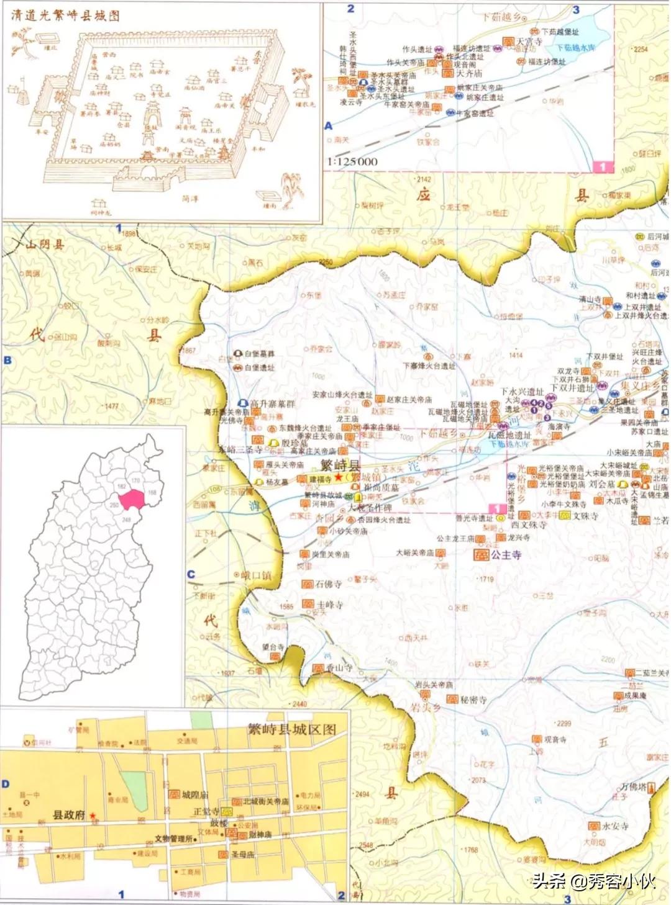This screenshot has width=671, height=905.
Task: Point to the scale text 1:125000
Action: [352, 161]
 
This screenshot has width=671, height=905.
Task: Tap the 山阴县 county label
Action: [45, 245]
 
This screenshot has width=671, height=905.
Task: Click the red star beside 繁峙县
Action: [338, 477]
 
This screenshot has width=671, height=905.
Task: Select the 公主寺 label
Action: [506, 554]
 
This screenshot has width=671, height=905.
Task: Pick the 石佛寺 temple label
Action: [328, 584]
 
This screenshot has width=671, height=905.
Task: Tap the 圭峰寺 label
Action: [329, 604]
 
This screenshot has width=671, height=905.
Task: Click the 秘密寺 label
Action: [473, 700]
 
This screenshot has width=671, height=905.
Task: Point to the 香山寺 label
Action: [339, 668]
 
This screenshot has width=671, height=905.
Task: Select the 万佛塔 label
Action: [633, 786]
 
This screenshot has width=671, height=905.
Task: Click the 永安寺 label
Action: [614, 826]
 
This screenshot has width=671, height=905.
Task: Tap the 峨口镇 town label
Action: [256, 575]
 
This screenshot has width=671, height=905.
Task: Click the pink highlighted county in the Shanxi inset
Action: [131, 498]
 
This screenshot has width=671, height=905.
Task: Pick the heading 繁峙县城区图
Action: [291, 729]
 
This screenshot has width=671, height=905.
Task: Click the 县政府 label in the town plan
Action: [68, 815]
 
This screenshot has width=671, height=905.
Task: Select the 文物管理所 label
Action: [173, 838]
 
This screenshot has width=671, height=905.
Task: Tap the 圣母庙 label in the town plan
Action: [242, 855]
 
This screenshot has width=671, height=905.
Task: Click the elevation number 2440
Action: [299, 704]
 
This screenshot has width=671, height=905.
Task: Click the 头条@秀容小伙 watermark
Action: [593, 880]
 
